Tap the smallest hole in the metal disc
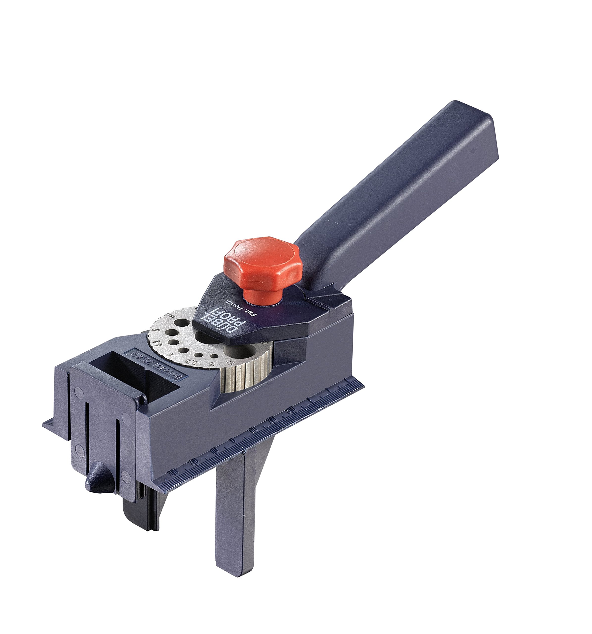click(x=199, y=354)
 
